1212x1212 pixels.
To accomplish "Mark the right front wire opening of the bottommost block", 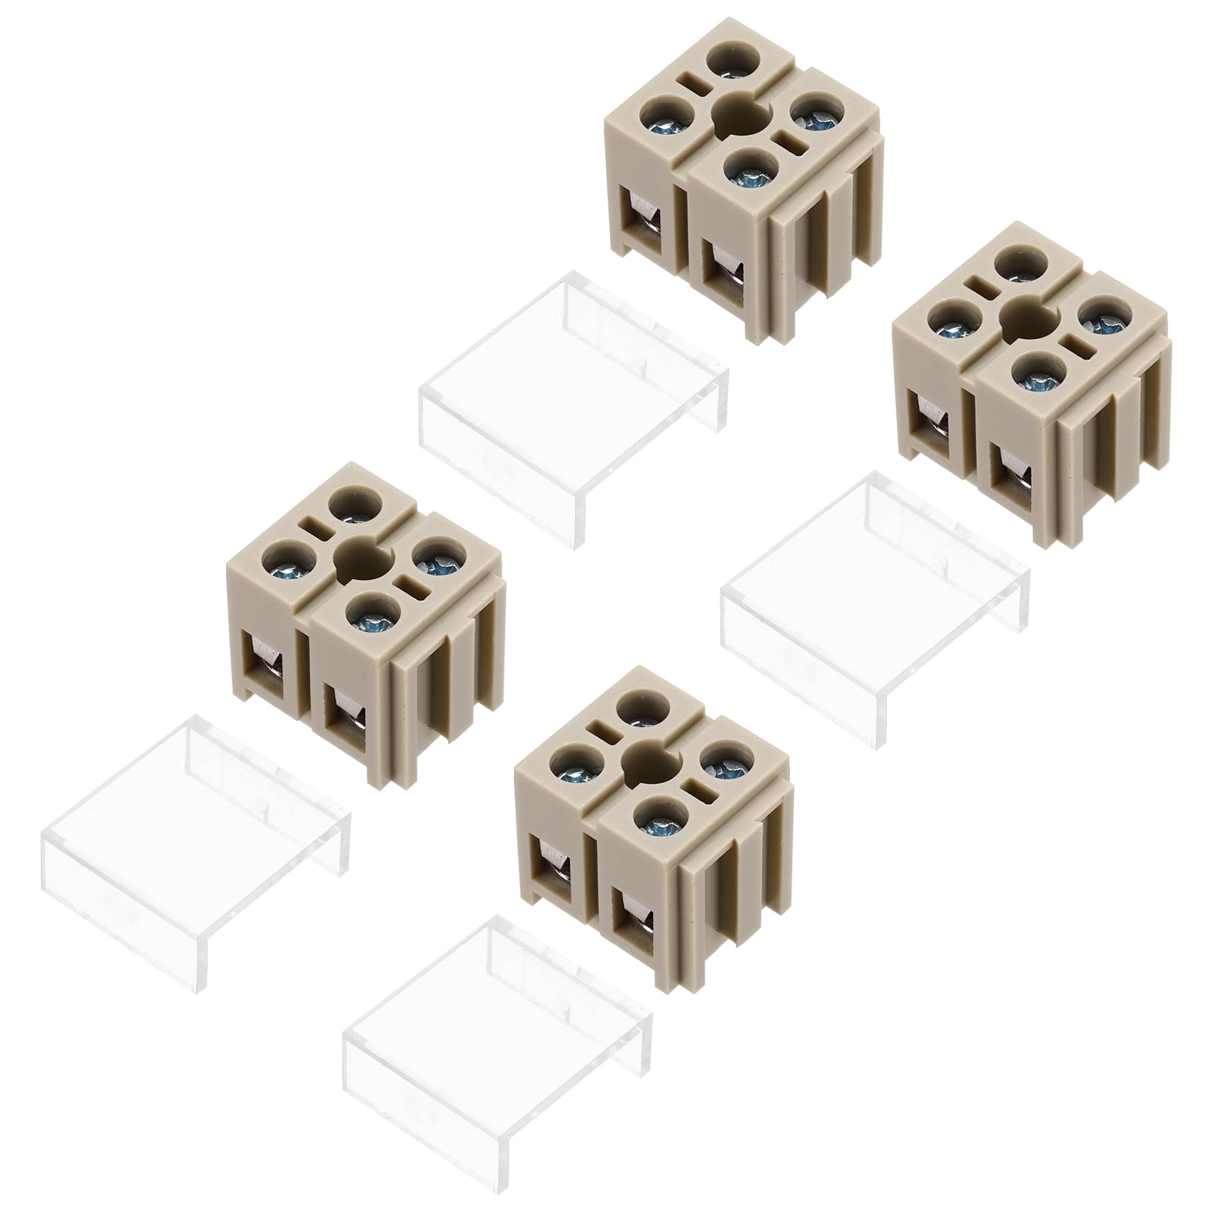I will tap(633, 920).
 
